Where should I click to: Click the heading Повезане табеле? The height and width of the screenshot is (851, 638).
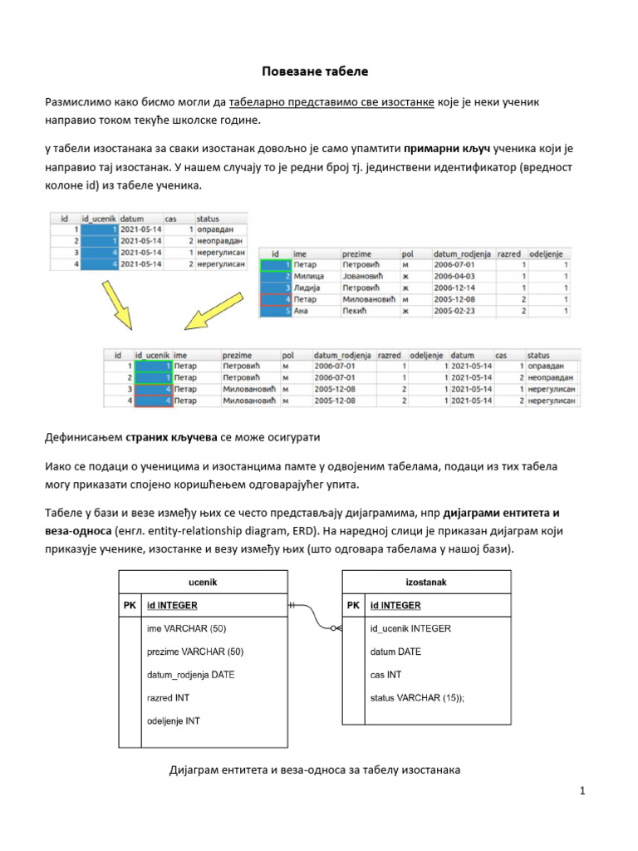(x=319, y=71)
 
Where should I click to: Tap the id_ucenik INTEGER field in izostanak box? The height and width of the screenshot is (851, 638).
(x=410, y=628)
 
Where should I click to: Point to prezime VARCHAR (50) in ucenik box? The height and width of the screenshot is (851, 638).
(x=195, y=652)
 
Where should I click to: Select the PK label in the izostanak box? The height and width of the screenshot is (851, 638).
(x=354, y=605)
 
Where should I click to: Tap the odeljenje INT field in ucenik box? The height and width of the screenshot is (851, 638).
(x=173, y=721)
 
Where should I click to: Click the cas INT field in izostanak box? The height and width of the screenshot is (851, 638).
(x=385, y=675)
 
